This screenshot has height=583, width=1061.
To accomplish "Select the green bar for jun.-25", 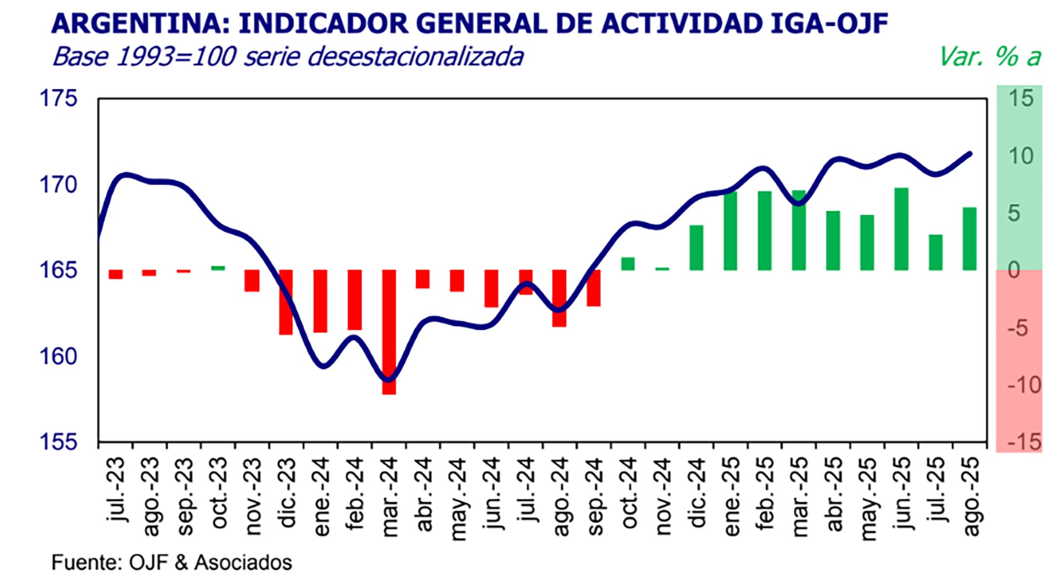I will click(x=901, y=229).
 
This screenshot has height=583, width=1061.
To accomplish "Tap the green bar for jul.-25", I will click(x=936, y=252).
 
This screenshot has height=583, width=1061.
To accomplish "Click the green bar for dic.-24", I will click(x=696, y=247).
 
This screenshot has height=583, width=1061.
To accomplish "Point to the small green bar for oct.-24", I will click(x=628, y=264).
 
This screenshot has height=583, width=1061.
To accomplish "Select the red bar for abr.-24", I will click(x=423, y=279).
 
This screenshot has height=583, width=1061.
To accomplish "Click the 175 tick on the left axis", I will click(x=58, y=98).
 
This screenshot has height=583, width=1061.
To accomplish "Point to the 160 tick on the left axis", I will click(x=58, y=357).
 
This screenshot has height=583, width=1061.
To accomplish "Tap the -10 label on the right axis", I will click(x=1024, y=385).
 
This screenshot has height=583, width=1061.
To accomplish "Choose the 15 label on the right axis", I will click(x=1021, y=98).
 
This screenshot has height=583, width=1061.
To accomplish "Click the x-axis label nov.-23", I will click(x=253, y=496).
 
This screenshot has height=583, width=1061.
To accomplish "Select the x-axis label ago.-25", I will click(x=971, y=496).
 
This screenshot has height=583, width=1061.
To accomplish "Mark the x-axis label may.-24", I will click(x=458, y=499).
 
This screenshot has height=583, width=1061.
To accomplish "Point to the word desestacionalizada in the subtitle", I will click(x=415, y=57).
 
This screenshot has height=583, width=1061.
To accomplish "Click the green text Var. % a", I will click(x=990, y=57).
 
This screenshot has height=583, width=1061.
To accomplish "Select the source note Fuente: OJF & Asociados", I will click(x=172, y=563).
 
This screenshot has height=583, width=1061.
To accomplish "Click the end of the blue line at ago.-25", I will click(x=970, y=154).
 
